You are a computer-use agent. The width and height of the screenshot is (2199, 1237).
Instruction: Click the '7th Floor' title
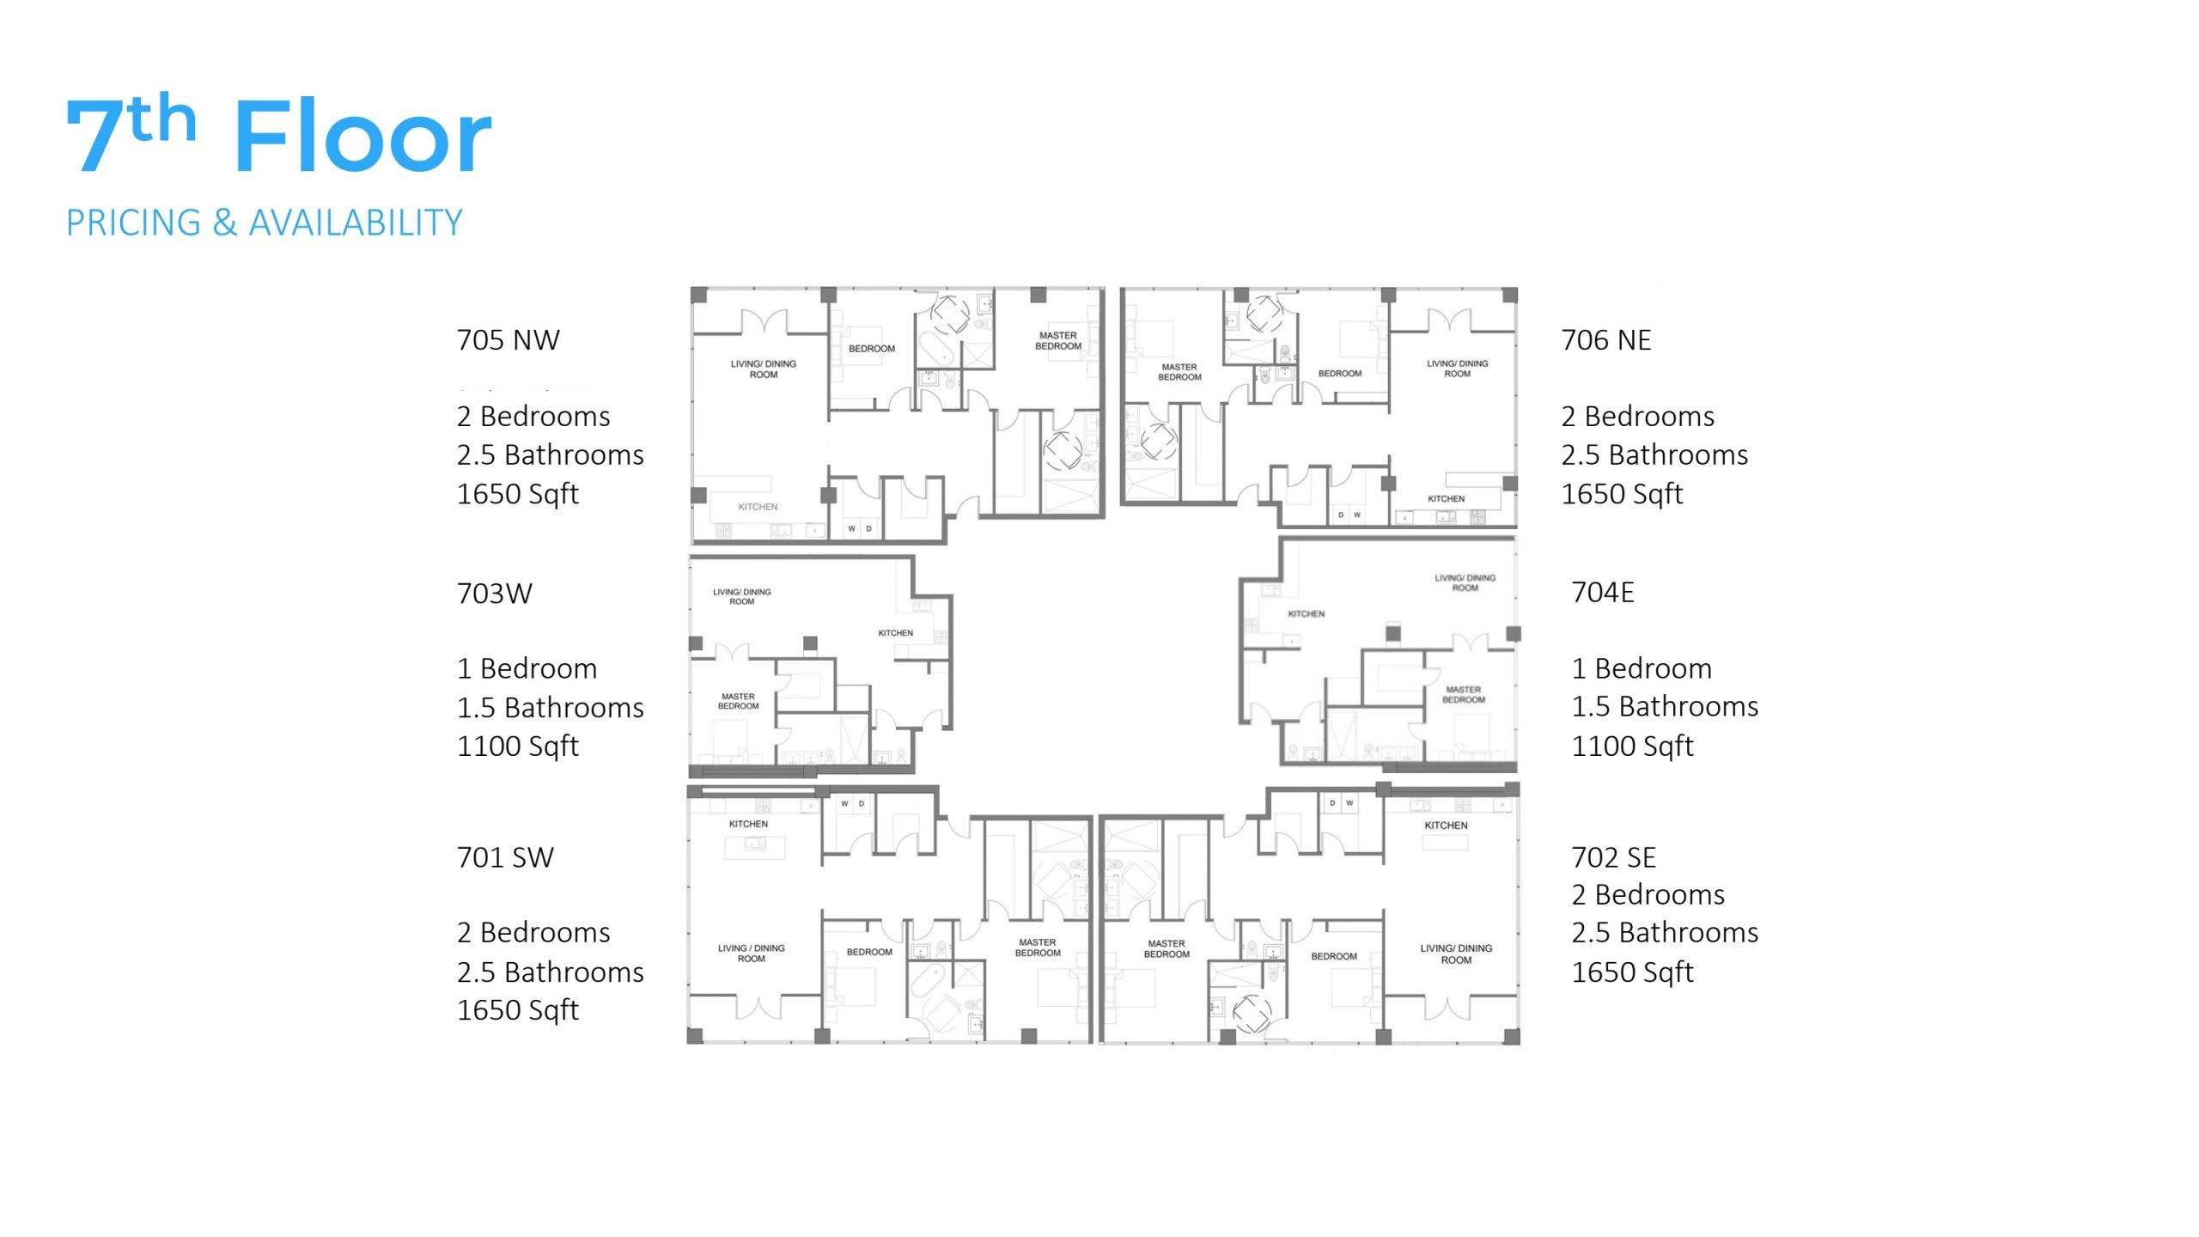tap(279, 134)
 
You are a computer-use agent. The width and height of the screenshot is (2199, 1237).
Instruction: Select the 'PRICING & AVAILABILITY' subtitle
tap(265, 222)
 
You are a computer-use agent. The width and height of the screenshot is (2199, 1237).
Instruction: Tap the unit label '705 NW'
tap(509, 340)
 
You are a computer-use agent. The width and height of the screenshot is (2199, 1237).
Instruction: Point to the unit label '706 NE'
tap(1606, 340)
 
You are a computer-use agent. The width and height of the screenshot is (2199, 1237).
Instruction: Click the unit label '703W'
tap(495, 594)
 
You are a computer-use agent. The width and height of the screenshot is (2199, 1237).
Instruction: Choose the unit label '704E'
tap(1603, 593)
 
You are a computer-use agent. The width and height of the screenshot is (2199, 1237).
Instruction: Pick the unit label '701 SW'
tap(505, 857)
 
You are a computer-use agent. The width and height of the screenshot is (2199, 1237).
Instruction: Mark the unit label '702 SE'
tap(1614, 857)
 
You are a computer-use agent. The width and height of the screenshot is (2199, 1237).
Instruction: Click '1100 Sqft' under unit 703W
tap(518, 746)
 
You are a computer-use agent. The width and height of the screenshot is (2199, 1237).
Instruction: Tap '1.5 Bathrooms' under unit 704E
tap(1665, 706)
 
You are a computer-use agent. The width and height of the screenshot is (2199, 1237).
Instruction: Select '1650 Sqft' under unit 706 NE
tap(1623, 494)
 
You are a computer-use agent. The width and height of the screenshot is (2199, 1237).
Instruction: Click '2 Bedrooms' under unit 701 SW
tap(533, 932)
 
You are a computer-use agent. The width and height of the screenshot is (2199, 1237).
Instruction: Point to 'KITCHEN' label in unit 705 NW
tap(758, 507)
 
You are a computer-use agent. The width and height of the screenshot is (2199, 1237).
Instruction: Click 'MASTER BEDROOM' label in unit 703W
tap(739, 702)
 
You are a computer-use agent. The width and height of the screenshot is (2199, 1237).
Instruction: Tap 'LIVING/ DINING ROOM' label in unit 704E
tap(1465, 583)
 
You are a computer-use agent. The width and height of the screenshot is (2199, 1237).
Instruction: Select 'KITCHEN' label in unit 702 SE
tap(1447, 826)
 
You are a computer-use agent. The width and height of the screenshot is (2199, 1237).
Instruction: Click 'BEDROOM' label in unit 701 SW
tap(869, 952)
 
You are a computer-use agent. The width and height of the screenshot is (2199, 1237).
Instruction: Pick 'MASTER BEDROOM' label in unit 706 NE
tap(1179, 372)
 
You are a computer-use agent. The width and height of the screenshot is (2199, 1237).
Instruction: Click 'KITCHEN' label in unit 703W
tap(895, 633)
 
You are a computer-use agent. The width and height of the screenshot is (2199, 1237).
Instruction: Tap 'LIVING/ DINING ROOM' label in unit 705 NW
tap(764, 369)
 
